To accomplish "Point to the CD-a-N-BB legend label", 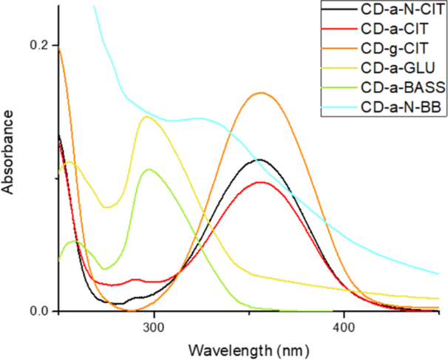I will (398, 107).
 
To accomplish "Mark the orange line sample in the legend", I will (341, 50).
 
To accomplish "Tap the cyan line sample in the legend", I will (341, 107).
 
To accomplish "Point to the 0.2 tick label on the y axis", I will (38, 44).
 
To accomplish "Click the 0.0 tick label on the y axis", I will (38, 311).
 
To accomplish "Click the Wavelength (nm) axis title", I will (248, 347).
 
